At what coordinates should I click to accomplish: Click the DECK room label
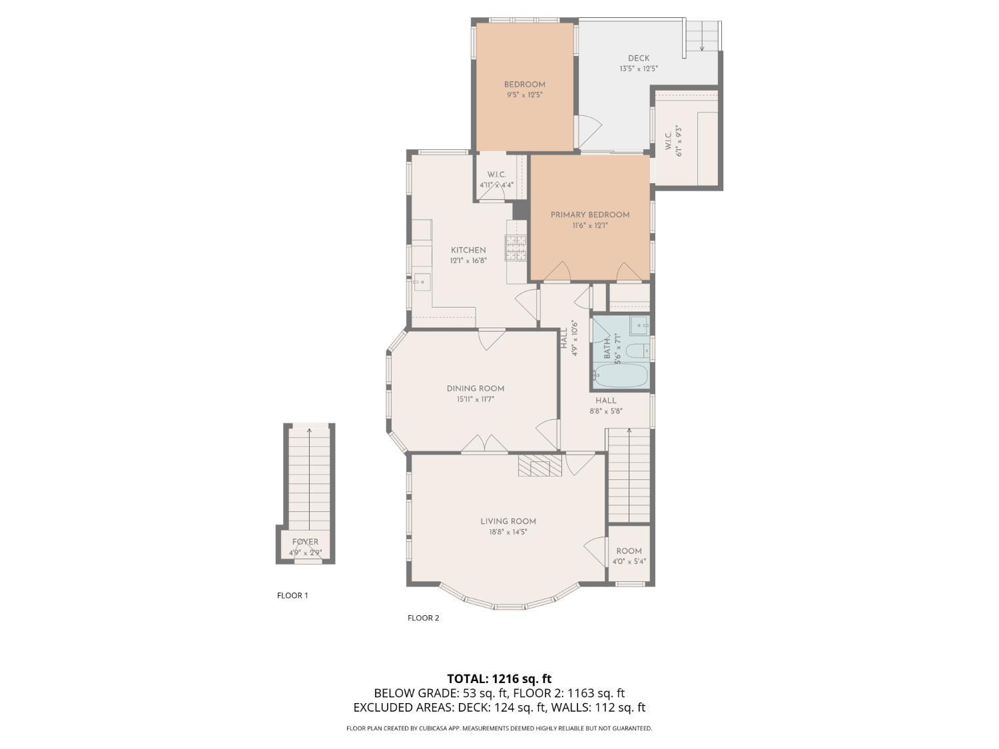(638, 58)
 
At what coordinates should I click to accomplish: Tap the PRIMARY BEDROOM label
(589, 214)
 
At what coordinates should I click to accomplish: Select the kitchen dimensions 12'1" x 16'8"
(468, 261)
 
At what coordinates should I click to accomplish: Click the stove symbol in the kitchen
(516, 248)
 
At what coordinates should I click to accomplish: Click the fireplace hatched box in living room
(540, 466)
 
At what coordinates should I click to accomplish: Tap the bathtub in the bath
(620, 375)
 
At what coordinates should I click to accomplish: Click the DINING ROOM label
(475, 388)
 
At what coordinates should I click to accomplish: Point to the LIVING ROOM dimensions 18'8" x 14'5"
(508, 532)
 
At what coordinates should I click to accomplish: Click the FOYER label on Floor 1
(305, 542)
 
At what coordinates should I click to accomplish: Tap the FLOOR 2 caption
(423, 618)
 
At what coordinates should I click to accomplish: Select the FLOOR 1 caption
(292, 595)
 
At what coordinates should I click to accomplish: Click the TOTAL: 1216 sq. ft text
(499, 678)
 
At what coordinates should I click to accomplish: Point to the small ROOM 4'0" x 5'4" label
(629, 555)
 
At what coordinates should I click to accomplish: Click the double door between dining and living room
(485, 445)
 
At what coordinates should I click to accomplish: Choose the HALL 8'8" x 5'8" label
(605, 405)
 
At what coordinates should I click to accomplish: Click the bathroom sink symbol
(640, 326)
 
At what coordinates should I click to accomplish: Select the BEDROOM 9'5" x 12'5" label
(524, 89)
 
